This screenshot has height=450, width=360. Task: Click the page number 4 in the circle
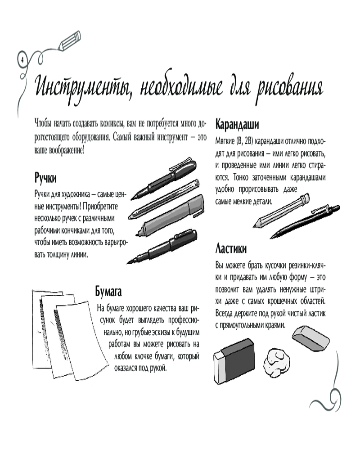coord(22,60)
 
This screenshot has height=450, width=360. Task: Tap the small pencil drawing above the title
coord(70,41)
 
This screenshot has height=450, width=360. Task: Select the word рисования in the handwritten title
coord(290,88)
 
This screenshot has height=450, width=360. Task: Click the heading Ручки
coord(45,178)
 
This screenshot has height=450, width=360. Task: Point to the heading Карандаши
coord(237,125)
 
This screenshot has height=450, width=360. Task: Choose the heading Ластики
coord(231,248)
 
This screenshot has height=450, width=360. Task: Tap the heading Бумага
coord(108,291)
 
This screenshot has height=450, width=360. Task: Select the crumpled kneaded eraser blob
coord(276,361)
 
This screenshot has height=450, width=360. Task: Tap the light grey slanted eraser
coord(310,338)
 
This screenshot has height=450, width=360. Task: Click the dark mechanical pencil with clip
coord(305,221)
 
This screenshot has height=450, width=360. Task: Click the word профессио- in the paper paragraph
coord(183,320)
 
